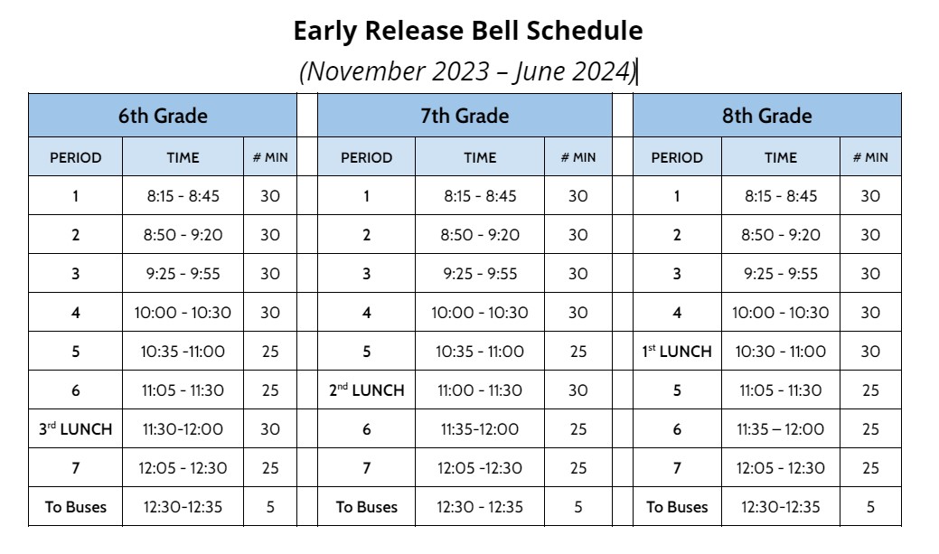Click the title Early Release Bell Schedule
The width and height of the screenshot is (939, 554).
pos(468,31)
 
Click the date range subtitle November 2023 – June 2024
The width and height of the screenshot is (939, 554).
pos(468,71)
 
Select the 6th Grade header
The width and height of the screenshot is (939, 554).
pos(163,116)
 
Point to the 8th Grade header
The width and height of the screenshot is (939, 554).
pos(766,116)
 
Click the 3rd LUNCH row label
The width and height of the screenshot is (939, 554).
pos(76,429)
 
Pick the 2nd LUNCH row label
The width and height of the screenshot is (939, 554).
pos(366,390)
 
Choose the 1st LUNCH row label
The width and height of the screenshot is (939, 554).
pos(677,352)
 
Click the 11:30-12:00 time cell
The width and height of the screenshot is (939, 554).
pos(182,429)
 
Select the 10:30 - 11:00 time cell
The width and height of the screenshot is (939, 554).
pos(781,352)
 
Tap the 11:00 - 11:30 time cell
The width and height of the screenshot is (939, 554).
pos(480,390)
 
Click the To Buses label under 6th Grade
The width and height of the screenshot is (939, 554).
pos(76,507)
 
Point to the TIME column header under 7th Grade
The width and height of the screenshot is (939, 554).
pos(480,157)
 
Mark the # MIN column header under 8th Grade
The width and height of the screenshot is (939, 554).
pos(870,157)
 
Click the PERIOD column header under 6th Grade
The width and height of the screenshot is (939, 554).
pos(76,157)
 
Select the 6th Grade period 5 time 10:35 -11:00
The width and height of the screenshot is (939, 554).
pos(182,352)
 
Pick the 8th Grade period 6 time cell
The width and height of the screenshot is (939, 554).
pos(781,429)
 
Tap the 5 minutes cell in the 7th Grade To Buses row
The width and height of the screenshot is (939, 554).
pos(578,507)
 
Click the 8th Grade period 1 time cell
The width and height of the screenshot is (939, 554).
pos(781,196)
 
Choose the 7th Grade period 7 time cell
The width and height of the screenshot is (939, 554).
pos(480,468)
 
